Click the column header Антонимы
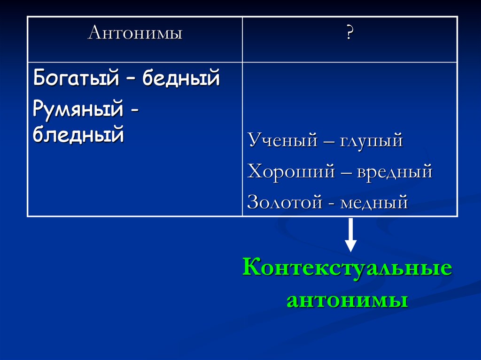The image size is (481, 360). [x=135, y=32]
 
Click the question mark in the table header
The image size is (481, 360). [x=349, y=32]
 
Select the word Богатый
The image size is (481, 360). [x=76, y=77]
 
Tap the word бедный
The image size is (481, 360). [x=181, y=77]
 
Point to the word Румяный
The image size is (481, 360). [x=78, y=108]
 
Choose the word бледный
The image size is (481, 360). [x=78, y=134]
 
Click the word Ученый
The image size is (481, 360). [x=282, y=140]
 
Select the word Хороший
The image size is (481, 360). [x=291, y=171]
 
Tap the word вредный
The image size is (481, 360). [x=395, y=171]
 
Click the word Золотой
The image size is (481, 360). [x=285, y=202]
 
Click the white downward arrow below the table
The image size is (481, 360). [x=350, y=235]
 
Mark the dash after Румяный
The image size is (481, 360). [x=134, y=110]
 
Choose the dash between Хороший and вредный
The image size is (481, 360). [x=346, y=173]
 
